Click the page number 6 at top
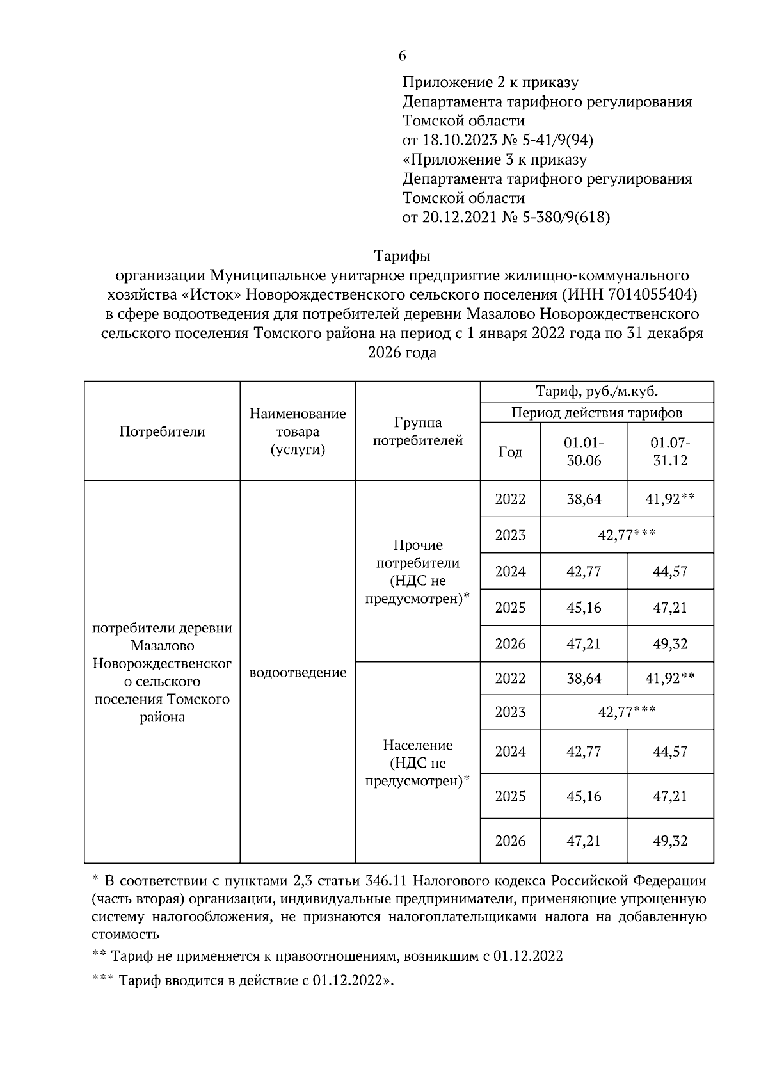point(402,56)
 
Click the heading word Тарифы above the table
point(402,256)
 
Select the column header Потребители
point(162,431)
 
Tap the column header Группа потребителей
point(417,431)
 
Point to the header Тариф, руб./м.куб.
point(596,392)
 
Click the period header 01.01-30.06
point(583,451)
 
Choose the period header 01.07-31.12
point(670,451)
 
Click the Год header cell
point(510,452)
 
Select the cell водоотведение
point(298,673)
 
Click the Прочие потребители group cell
point(417,572)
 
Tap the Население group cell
point(417,763)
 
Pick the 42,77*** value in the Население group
point(627,712)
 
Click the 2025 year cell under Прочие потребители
point(510,608)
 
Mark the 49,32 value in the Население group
point(670,841)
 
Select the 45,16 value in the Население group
point(583,796)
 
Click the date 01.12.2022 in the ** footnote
point(528,956)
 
